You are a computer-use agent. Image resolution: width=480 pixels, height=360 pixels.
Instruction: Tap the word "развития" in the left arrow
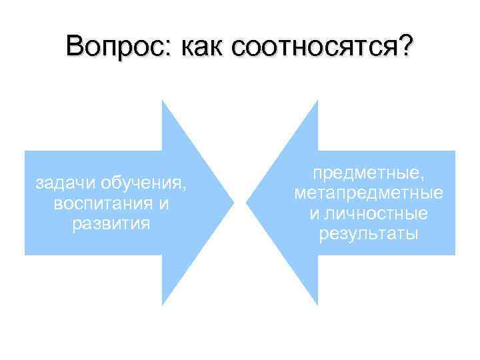pos(111,223)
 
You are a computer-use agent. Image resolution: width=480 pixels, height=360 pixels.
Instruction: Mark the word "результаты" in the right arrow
pos(369,234)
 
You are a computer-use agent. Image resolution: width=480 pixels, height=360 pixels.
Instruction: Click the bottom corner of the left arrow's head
pos(163,305)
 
